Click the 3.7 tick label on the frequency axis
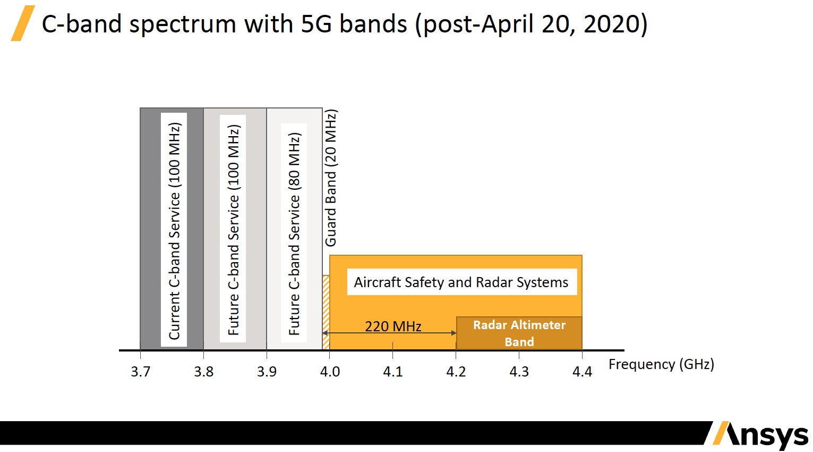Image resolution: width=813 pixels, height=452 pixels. click(141, 371)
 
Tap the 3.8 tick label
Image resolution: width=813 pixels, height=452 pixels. click(203, 371)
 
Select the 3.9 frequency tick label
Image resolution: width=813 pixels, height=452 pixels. click(267, 371)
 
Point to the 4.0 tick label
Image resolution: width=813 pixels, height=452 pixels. click(330, 371)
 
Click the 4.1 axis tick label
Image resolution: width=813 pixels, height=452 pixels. click(393, 371)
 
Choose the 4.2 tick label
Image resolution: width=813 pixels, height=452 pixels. click(456, 371)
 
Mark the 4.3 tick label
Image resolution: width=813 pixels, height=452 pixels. click(519, 371)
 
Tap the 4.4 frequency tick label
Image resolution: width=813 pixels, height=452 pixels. click(582, 371)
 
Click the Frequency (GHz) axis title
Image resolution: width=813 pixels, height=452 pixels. click(661, 364)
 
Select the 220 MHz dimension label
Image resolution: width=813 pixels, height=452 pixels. click(393, 326)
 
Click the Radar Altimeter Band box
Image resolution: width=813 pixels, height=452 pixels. click(519, 333)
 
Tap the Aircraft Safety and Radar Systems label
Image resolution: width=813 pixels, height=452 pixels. click(461, 282)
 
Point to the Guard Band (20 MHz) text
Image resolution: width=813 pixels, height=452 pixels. click(331, 178)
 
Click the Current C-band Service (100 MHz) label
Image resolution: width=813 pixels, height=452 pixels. click(174, 231)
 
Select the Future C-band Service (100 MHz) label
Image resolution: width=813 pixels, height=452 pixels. click(233, 230)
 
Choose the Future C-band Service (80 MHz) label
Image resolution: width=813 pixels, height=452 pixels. click(294, 233)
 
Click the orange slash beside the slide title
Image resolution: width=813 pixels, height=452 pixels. click(23, 23)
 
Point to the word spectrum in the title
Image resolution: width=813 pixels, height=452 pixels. click(183, 24)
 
